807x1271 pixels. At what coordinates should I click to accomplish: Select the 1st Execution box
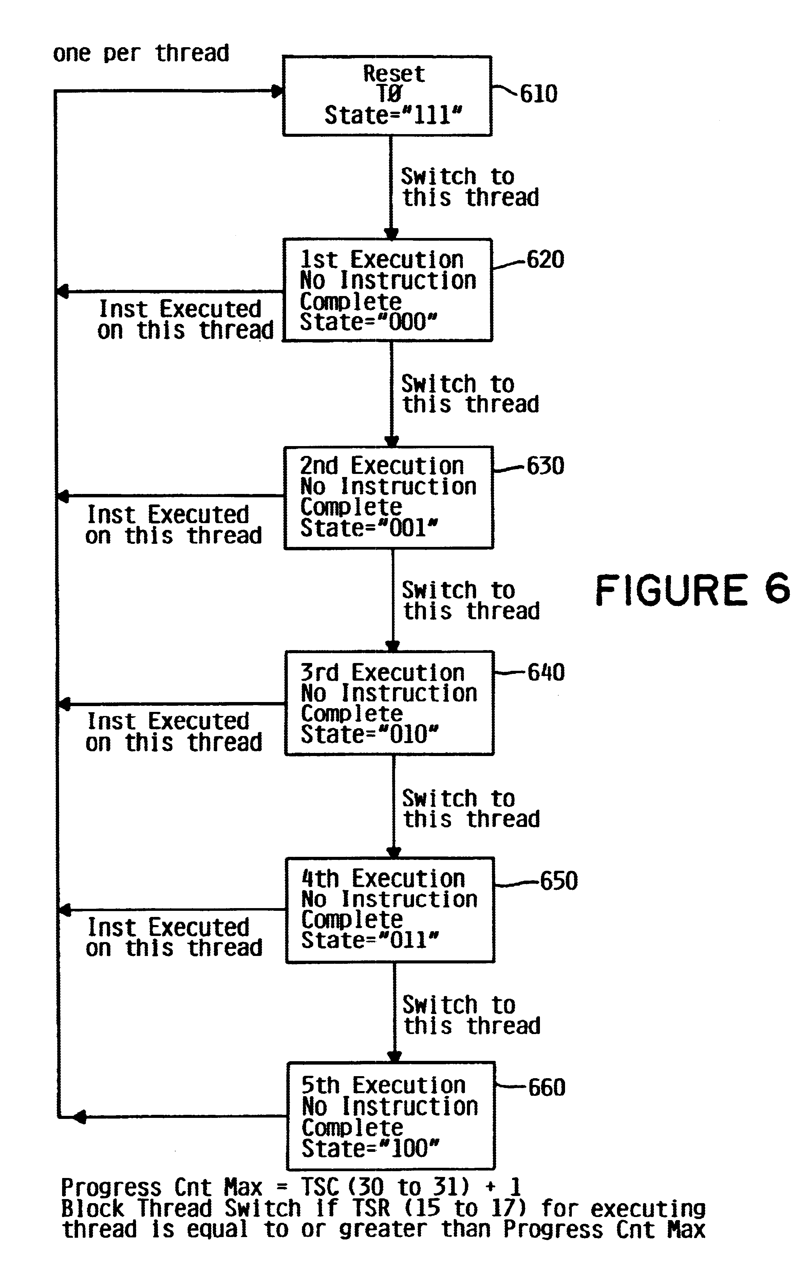[388, 290]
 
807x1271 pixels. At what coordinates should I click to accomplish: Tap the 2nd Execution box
[389, 497]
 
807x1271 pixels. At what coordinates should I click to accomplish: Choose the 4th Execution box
[390, 909]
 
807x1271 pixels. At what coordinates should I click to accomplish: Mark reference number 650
[558, 880]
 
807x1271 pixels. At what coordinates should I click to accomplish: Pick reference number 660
[547, 1087]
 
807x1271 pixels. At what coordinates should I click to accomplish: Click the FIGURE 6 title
[693, 590]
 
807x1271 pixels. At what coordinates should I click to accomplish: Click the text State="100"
[370, 1148]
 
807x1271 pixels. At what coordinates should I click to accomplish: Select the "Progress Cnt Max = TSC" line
[292, 1187]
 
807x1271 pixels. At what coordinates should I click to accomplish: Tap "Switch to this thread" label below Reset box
[470, 187]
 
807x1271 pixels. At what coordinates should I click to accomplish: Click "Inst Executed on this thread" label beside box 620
[186, 319]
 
